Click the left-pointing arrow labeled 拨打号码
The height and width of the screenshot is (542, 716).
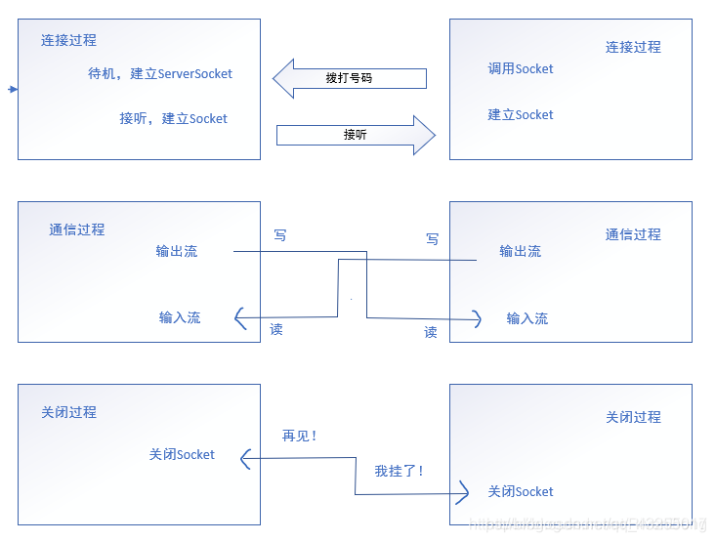[x=350, y=78]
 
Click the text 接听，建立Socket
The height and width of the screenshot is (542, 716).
[x=173, y=119]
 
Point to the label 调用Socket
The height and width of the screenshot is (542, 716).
[x=521, y=69]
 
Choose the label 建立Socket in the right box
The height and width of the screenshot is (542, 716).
[x=521, y=115]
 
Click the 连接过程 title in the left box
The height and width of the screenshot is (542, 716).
[x=68, y=41]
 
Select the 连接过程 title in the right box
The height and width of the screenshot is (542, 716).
[x=633, y=47]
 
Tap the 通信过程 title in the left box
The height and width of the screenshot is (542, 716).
[x=77, y=230]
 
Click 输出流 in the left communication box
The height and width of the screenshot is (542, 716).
[x=177, y=252]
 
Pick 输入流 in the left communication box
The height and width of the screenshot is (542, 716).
[x=180, y=318]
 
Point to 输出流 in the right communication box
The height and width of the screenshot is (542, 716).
[x=520, y=252]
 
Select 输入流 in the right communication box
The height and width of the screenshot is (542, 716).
[x=527, y=319]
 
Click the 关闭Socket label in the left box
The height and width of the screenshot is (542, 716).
[x=182, y=455]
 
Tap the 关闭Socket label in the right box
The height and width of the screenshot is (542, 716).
[x=521, y=492]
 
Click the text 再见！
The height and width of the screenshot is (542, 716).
[x=301, y=437]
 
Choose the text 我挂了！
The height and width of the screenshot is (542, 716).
[x=400, y=471]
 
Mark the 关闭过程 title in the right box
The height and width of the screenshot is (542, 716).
[x=633, y=418]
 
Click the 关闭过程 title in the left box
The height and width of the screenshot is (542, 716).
[x=68, y=413]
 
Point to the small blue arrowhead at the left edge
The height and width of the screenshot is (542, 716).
[x=13, y=90]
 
